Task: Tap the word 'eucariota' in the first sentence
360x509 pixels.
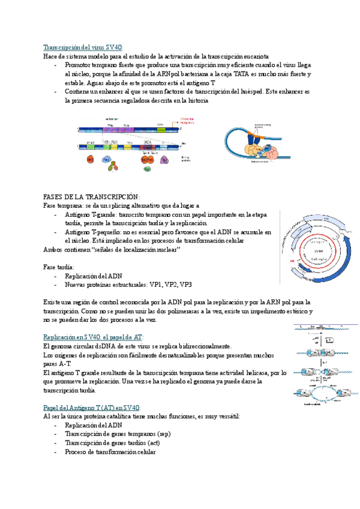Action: click(x=255, y=56)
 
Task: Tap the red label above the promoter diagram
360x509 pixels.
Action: click(x=188, y=119)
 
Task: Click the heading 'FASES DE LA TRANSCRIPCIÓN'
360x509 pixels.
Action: click(x=91, y=196)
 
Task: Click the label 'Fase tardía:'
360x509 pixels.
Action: click(x=59, y=267)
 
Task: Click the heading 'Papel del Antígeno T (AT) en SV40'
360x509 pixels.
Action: click(x=92, y=408)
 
